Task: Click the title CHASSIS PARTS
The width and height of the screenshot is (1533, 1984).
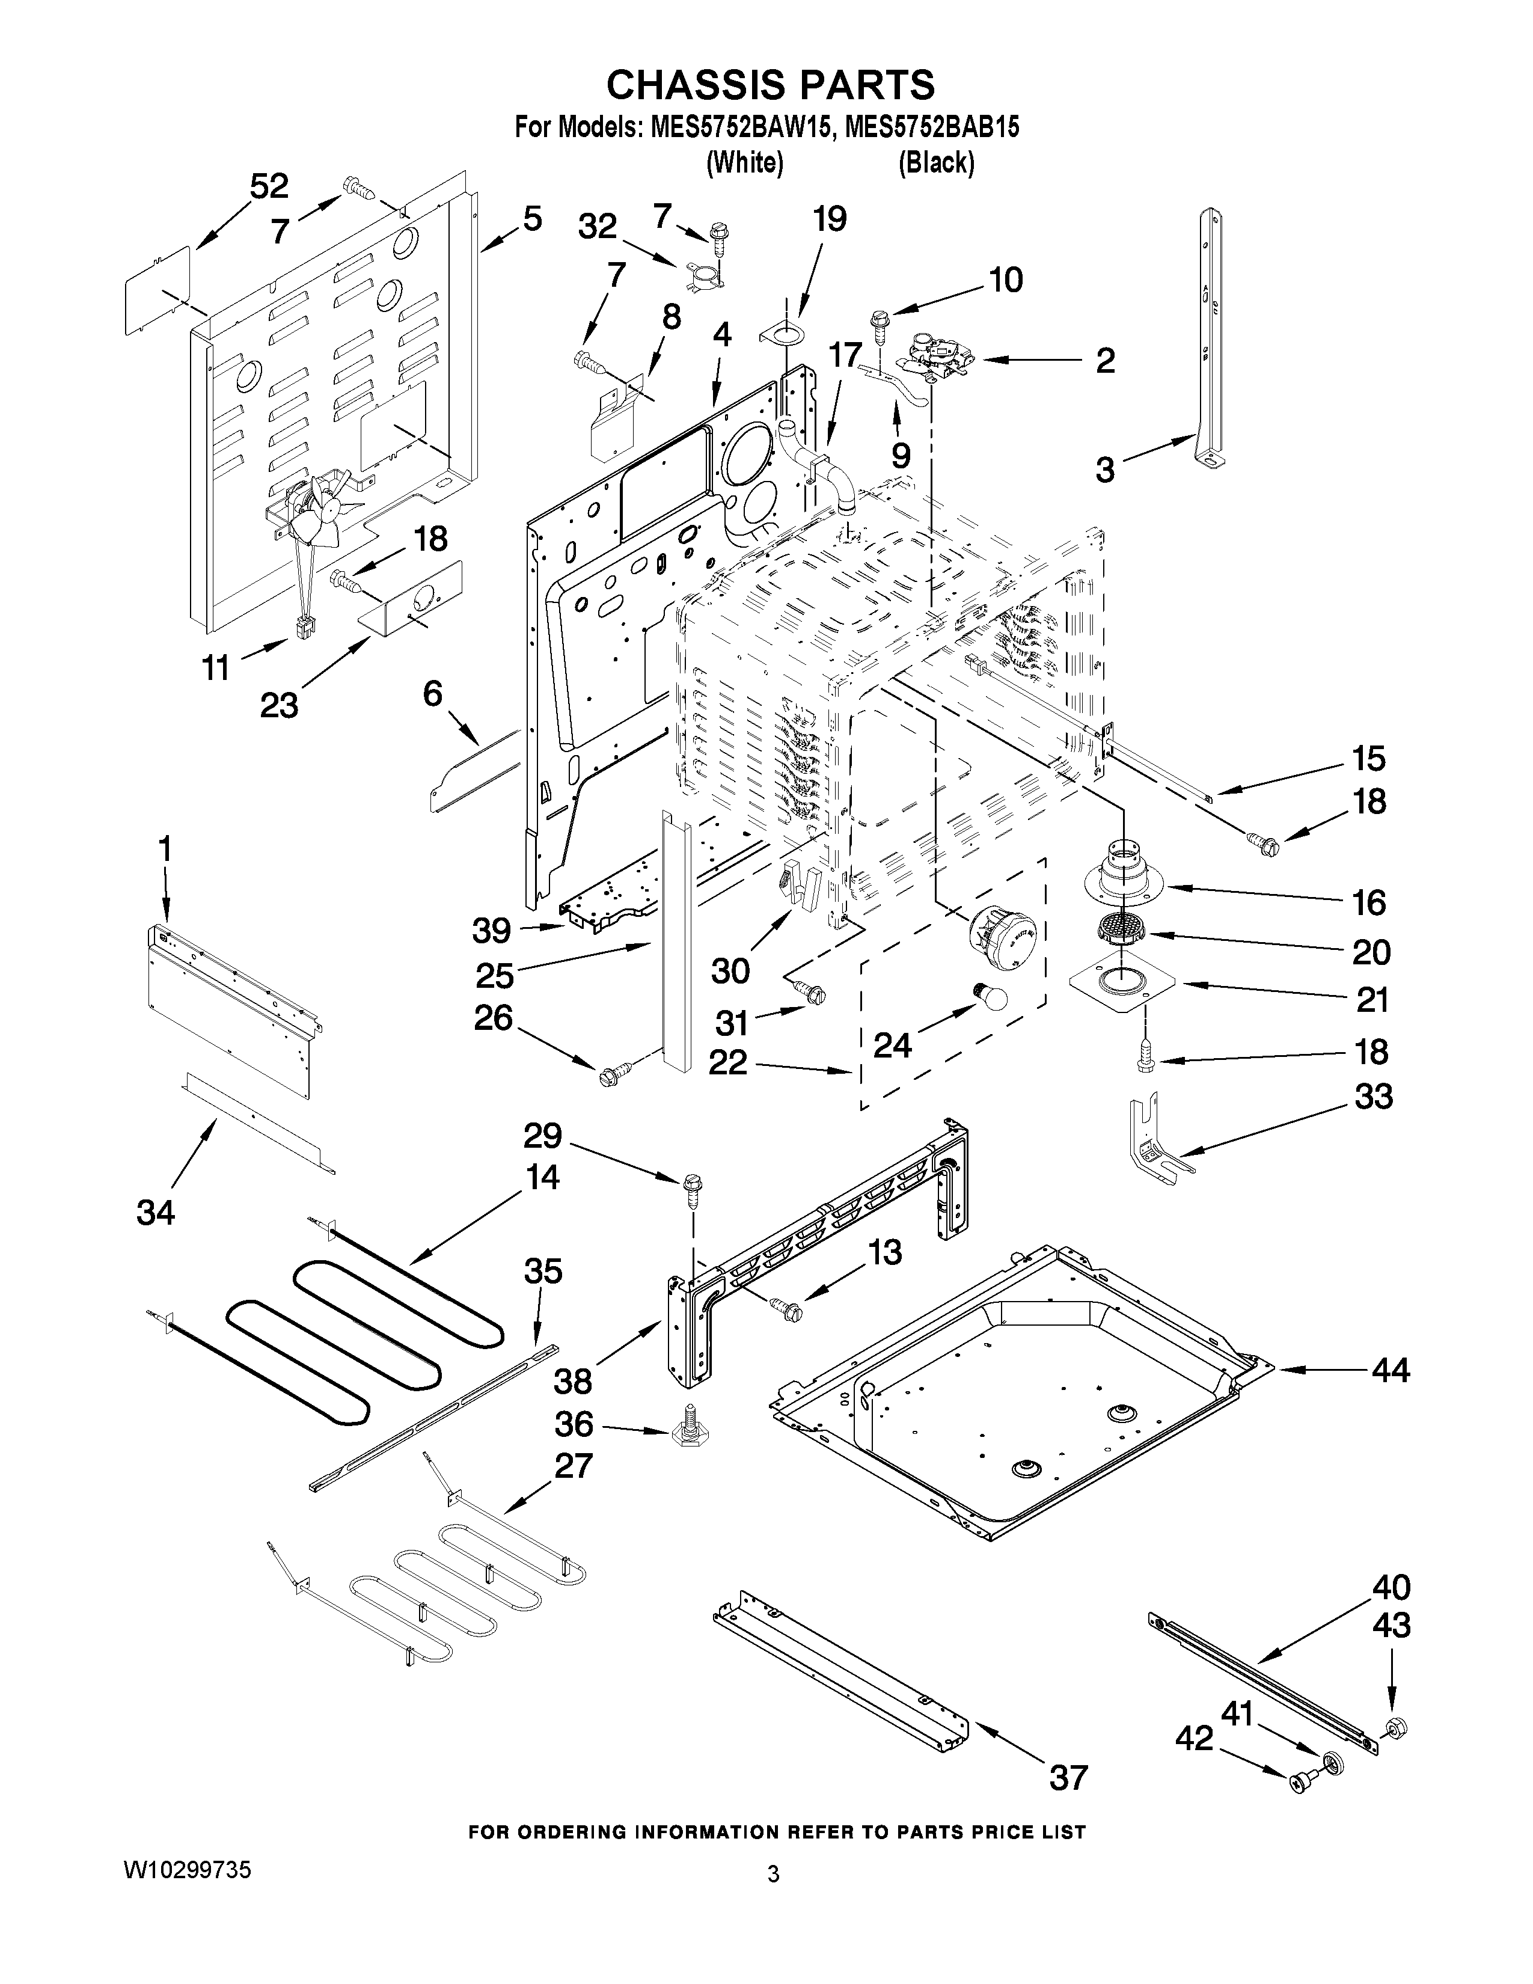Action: pos(770,85)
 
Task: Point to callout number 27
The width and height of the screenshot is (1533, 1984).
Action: pos(573,1465)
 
